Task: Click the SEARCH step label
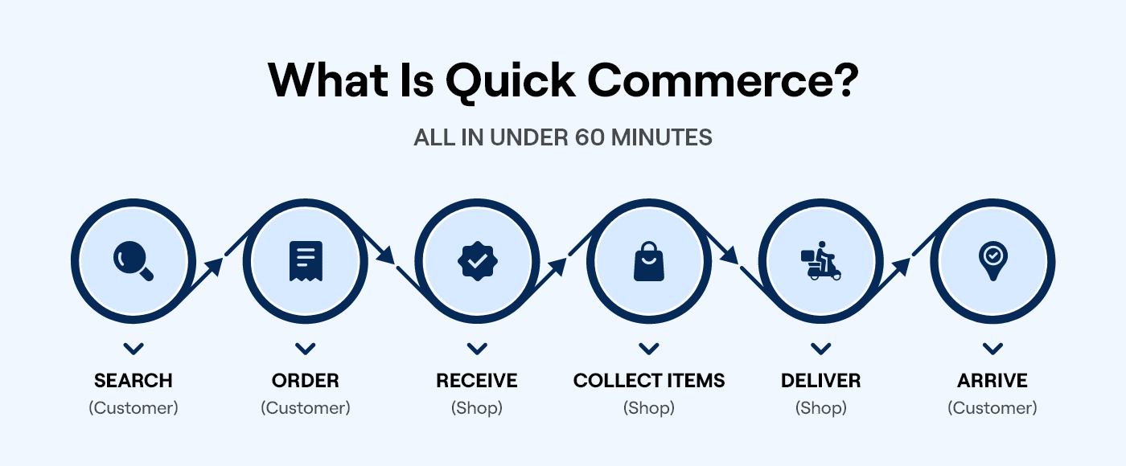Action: pos(134,380)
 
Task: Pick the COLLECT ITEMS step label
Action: pos(649,380)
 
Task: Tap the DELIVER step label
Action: pos(820,380)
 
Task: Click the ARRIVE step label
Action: pos(992,380)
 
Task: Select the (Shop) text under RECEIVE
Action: pos(477,408)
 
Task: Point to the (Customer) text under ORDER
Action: pos(306,408)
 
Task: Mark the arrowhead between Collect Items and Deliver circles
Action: pos(729,255)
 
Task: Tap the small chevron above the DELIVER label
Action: pos(820,349)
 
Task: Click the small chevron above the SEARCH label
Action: pos(134,349)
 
